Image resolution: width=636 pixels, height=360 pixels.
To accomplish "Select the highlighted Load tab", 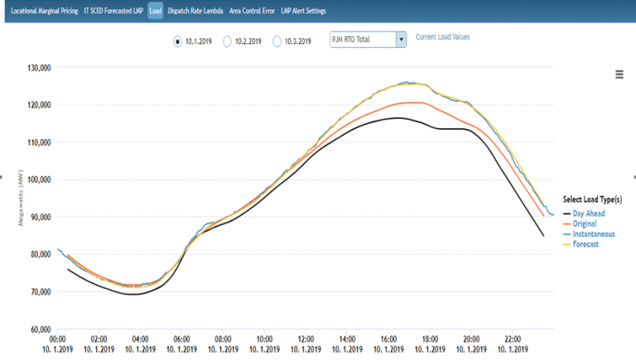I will [x=156, y=12].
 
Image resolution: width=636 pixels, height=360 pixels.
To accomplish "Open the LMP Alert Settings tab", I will [x=303, y=12].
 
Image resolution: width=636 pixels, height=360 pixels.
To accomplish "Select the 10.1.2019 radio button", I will [x=178, y=40].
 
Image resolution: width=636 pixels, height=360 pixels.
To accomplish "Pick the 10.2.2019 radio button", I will [x=228, y=40].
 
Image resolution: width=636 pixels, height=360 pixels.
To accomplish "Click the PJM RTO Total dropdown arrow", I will [x=401, y=39].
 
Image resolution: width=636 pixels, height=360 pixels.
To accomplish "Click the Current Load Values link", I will [x=442, y=37].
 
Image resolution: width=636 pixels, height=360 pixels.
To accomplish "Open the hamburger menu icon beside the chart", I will [x=619, y=74].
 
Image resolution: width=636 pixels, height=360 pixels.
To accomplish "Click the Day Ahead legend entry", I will [x=588, y=214].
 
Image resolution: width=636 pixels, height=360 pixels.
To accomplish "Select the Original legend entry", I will [x=586, y=223].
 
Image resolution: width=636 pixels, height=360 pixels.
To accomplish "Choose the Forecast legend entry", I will [x=586, y=243].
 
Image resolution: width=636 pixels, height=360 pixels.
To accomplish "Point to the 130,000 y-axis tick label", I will [x=36, y=68].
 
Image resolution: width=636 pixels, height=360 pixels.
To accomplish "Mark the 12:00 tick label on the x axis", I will [x=306, y=338].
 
